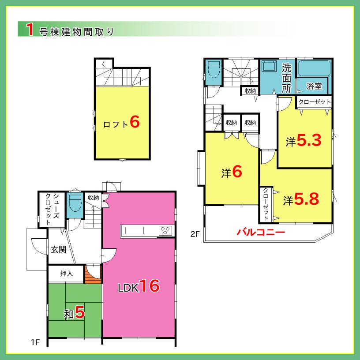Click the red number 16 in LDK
[150, 286]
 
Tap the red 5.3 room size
[309, 141]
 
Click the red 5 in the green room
[79, 313]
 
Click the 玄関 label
[58, 250]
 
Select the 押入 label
[67, 274]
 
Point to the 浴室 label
[314, 86]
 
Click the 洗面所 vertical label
[287, 78]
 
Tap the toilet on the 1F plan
[75, 204]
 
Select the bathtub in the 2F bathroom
[315, 68]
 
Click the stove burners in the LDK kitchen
[165, 230]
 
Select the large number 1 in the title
[30, 30]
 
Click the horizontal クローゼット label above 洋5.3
[314, 101]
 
